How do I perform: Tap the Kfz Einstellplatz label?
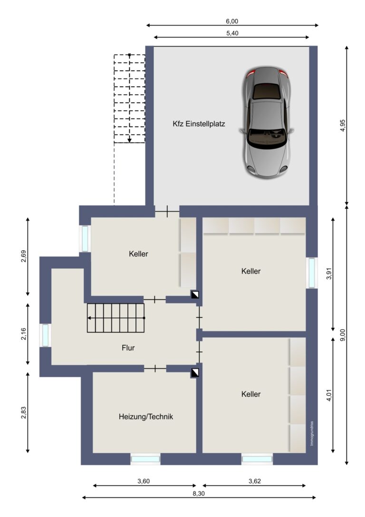pos(199,124)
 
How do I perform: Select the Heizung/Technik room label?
pos(145,417)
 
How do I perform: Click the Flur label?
pos(128,348)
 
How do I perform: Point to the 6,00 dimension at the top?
pos(232,21)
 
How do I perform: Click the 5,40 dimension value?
pos(232,33)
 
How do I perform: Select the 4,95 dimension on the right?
pos(343,126)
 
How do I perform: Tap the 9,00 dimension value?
pos(343,335)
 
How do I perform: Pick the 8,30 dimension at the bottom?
pos(198,494)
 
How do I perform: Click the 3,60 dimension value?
pos(144,481)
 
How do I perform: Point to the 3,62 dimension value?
pos(255,481)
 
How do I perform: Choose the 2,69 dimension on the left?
pos(23,256)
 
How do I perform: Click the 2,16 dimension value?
pos(23,334)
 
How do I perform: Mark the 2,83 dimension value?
pos(23,412)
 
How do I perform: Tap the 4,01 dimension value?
pos(329,395)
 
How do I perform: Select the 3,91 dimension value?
pos(329,273)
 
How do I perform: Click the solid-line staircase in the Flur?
pos(116,318)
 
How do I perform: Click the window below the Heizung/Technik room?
pos(145,458)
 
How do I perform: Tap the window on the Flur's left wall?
pos(46,335)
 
